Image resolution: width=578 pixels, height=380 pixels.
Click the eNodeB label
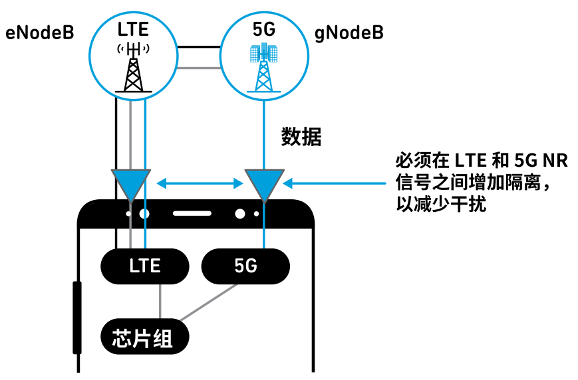39,33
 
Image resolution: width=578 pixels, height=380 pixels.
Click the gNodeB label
349,33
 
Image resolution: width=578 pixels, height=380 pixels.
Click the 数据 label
301,138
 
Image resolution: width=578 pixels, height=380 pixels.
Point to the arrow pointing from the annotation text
333,181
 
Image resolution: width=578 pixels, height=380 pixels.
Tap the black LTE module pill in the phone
144,266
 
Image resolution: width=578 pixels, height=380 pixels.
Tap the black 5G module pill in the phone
245,266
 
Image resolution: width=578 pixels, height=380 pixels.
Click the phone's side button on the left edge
76,317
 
